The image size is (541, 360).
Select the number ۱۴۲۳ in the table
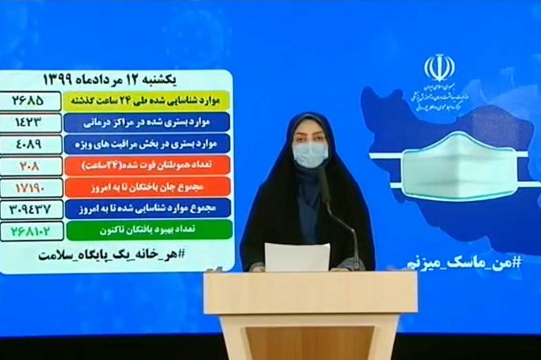(32, 123)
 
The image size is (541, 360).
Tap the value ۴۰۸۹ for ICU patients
(32, 144)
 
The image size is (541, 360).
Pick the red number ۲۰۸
(32, 165)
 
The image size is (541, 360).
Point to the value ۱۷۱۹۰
(32, 186)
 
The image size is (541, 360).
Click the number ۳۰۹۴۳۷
(32, 207)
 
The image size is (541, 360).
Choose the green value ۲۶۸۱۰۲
(32, 230)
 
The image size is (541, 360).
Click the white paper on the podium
(297, 257)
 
